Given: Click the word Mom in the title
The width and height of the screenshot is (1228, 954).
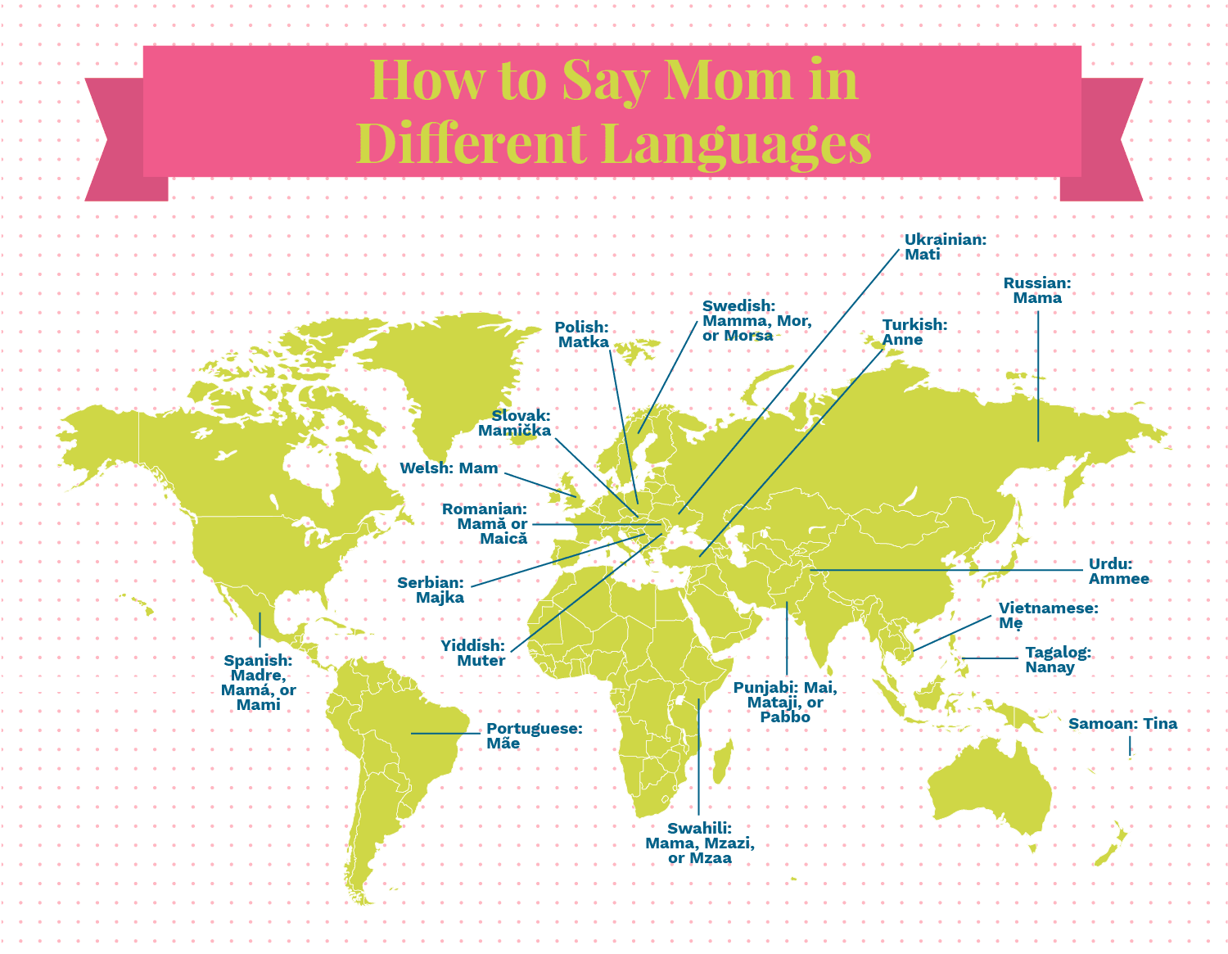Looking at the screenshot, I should tap(728, 81).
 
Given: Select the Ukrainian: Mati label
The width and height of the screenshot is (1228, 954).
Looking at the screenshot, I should tap(945, 247).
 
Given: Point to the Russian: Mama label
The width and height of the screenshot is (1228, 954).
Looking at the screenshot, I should tap(1037, 291).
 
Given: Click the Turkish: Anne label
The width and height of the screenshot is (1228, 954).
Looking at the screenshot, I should tap(914, 332).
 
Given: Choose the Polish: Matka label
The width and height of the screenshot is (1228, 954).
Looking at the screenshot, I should tap(582, 335).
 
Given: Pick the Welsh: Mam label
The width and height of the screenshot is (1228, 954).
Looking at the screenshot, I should tap(449, 468).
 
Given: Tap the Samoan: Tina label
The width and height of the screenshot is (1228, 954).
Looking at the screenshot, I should tap(1122, 724).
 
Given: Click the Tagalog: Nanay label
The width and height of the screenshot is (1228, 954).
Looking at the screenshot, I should tap(1058, 660).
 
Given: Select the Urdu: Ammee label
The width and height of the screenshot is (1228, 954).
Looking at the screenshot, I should tap(1118, 572).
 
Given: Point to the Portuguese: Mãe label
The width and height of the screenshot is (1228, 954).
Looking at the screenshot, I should tap(534, 736).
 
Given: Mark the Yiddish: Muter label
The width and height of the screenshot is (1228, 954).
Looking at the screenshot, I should tap(473, 653).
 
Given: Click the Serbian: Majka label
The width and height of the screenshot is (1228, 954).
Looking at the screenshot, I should tap(431, 590).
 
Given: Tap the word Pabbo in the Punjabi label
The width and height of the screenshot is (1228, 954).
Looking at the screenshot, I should tap(784, 717).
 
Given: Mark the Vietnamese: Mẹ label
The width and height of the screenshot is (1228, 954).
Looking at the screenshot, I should tap(1048, 616).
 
